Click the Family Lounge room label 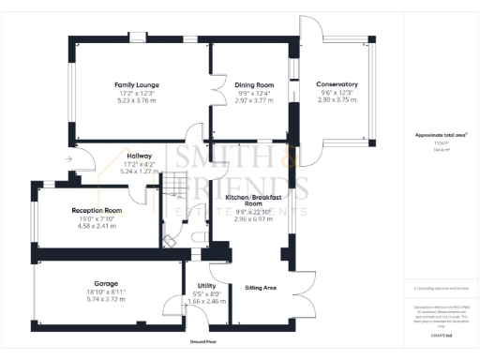137,84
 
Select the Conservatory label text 337,84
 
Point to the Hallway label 139,157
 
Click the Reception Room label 98,211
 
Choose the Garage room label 104,282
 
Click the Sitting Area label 260,288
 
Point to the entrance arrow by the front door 69,159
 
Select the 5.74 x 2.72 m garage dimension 104,299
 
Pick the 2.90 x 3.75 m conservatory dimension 337,99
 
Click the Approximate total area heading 442,135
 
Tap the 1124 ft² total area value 441,143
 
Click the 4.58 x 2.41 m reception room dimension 98,226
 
